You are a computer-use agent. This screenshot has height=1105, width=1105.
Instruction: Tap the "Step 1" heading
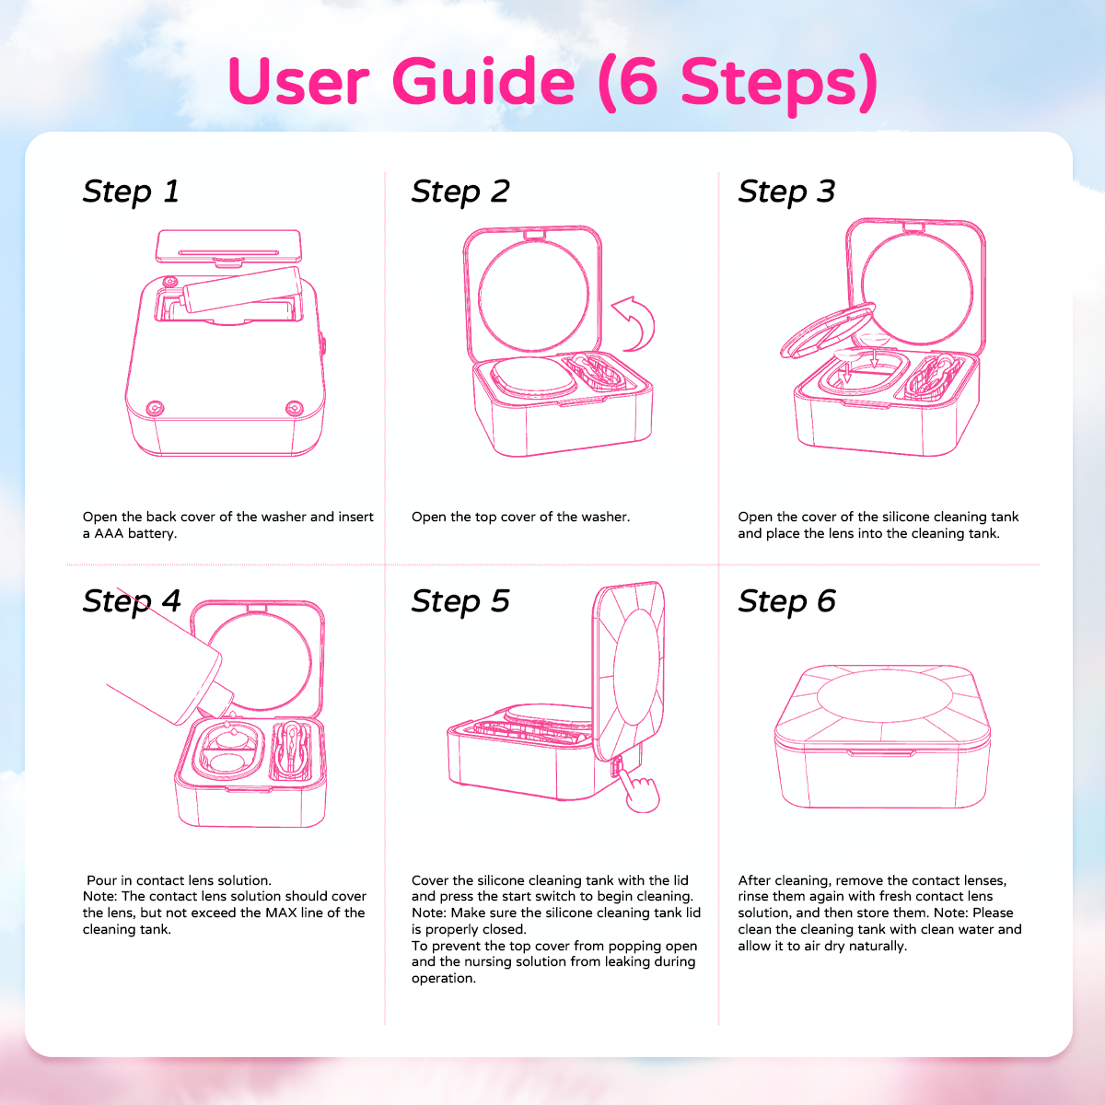pos(132,192)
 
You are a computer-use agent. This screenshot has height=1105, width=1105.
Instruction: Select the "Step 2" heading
pos(460,192)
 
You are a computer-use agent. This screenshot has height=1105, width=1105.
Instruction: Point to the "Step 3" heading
pos(786,192)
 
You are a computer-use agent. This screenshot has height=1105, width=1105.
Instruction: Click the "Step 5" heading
pos(460,601)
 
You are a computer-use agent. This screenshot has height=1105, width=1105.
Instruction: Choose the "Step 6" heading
pos(786,601)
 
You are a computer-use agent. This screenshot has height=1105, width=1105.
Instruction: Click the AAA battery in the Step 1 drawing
pos(242,289)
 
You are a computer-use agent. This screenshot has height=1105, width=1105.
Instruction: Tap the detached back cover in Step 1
pos(228,247)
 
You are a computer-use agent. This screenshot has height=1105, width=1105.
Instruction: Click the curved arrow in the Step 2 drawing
pos(634,324)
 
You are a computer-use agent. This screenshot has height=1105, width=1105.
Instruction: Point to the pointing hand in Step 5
pos(641,790)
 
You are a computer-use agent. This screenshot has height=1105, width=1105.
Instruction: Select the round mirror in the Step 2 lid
pos(533,296)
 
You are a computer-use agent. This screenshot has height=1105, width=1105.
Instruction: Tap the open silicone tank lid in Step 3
pos(828,331)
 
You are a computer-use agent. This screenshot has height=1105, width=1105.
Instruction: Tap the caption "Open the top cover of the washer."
pos(520,518)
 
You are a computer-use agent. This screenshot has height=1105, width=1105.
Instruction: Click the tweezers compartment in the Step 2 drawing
pos(597,372)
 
